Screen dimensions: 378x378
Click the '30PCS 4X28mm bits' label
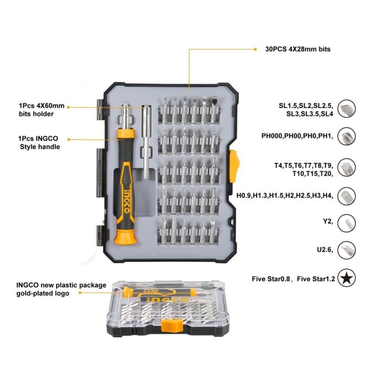click(294, 49)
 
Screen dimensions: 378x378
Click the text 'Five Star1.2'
click(316, 279)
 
